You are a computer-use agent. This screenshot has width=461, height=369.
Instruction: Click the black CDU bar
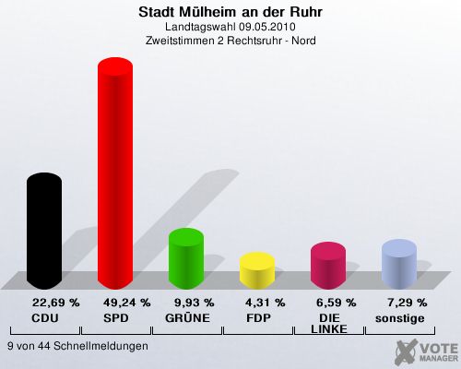click(44, 231)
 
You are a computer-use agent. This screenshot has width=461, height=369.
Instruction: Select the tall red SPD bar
click(115, 173)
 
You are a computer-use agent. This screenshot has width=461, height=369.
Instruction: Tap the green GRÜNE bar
click(186, 258)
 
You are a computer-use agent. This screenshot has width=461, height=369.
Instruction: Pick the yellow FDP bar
click(257, 270)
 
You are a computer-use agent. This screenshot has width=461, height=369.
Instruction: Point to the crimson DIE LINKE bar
click(328, 266)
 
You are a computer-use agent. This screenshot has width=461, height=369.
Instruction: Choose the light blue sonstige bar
click(399, 264)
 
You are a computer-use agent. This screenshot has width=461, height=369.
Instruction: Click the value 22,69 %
click(56, 303)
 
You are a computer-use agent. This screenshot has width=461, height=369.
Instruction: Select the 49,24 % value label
click(127, 303)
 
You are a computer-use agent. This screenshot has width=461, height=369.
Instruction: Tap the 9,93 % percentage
click(195, 303)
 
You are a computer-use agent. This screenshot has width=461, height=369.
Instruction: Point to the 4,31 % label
click(266, 303)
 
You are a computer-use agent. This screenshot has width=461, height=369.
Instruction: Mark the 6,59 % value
click(337, 303)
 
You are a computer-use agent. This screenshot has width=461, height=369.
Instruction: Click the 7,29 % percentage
click(408, 303)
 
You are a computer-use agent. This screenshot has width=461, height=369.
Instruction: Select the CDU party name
click(45, 318)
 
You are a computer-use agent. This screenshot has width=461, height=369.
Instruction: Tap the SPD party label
click(116, 318)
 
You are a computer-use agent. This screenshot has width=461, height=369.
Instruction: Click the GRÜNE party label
click(187, 317)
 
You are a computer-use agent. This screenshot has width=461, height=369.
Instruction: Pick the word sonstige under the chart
click(400, 319)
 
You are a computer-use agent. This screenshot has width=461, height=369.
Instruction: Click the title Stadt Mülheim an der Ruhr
click(230, 12)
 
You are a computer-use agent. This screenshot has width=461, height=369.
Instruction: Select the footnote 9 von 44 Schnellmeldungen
click(77, 346)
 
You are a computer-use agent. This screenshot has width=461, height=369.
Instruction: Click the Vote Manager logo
click(426, 351)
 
